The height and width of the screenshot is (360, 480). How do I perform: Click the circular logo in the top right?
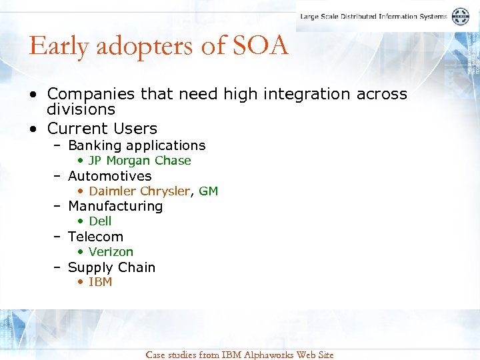coord(461,17)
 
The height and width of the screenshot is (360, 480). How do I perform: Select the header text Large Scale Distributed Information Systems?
coord(373,17)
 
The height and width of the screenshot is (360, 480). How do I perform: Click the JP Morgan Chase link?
coord(139,161)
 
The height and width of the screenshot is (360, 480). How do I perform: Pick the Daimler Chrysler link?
coord(139,191)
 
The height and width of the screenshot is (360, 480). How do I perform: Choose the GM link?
coord(209,191)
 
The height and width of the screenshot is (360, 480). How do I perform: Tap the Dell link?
coord(100,221)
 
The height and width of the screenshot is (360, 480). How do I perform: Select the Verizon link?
coord(111,252)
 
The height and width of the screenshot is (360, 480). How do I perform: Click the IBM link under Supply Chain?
coord(100,282)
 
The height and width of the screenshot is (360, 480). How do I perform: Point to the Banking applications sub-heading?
coord(137,145)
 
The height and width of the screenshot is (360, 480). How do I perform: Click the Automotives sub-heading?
coord(109,176)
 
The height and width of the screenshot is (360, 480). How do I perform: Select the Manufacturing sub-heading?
coord(115,206)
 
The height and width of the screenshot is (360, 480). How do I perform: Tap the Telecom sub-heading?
coord(95,237)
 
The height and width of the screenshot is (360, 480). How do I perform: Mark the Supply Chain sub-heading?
coord(111,267)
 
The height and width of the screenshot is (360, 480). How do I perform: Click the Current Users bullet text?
coord(102,128)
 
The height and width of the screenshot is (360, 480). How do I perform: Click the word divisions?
coord(81,109)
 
